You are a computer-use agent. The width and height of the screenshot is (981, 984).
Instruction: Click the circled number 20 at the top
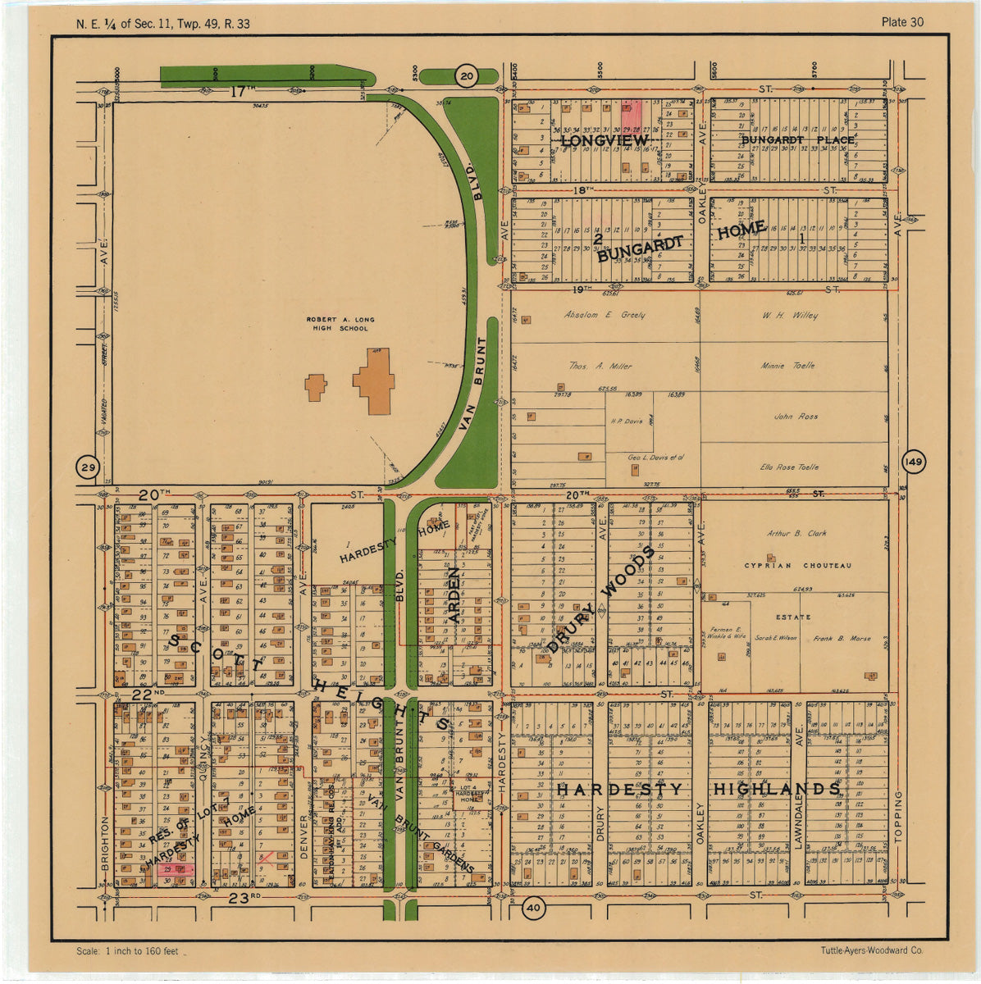click(467, 76)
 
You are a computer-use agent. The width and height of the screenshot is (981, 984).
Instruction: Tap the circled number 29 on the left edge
click(87, 467)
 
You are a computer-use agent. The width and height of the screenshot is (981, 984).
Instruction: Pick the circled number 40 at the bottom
click(534, 908)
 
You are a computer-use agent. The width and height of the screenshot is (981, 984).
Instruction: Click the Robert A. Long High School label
click(337, 324)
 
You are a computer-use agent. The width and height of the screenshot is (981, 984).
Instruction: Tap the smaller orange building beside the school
click(316, 387)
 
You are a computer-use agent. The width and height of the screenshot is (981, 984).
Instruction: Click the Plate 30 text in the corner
click(902, 22)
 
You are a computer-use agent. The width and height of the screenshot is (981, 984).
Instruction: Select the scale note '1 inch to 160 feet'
click(127, 951)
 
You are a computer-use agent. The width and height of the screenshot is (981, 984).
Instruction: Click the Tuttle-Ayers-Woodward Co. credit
click(871, 950)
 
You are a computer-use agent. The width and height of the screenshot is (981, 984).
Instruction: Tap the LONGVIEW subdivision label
click(605, 141)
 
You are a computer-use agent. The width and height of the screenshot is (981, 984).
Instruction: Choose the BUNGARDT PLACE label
click(797, 140)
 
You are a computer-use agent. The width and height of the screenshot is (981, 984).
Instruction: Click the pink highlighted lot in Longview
click(631, 112)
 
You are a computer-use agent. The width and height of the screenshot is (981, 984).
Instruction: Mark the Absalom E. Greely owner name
click(605, 315)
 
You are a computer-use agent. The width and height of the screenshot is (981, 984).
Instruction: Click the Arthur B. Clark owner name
click(796, 533)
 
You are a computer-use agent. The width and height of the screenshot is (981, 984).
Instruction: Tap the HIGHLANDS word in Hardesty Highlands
click(776, 789)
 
